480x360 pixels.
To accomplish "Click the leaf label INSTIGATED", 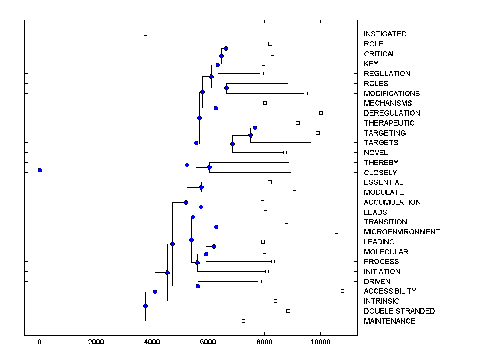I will point(385,34).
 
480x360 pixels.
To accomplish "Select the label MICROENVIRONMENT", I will point(402,232).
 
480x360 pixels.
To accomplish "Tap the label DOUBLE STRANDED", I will point(399,311).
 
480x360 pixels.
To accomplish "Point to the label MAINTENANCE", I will point(389,321).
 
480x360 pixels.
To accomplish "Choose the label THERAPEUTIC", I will point(389,123).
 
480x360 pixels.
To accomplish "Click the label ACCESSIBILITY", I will point(390,291).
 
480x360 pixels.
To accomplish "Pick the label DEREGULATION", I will point(392,113).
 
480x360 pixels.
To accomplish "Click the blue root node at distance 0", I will point(40,170).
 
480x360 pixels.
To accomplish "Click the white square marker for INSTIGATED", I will point(145,34).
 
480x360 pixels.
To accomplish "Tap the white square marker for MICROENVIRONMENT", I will point(336,232).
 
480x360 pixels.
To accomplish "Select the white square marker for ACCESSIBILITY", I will point(342,291).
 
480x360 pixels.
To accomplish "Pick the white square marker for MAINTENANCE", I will point(243,321).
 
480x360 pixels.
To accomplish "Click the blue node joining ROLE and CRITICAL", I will point(226,48).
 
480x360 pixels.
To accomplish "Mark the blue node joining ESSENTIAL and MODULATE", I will point(201,187).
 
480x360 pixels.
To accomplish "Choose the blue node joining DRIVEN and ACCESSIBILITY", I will point(198,286).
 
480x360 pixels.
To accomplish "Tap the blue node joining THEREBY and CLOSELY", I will point(209,168).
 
